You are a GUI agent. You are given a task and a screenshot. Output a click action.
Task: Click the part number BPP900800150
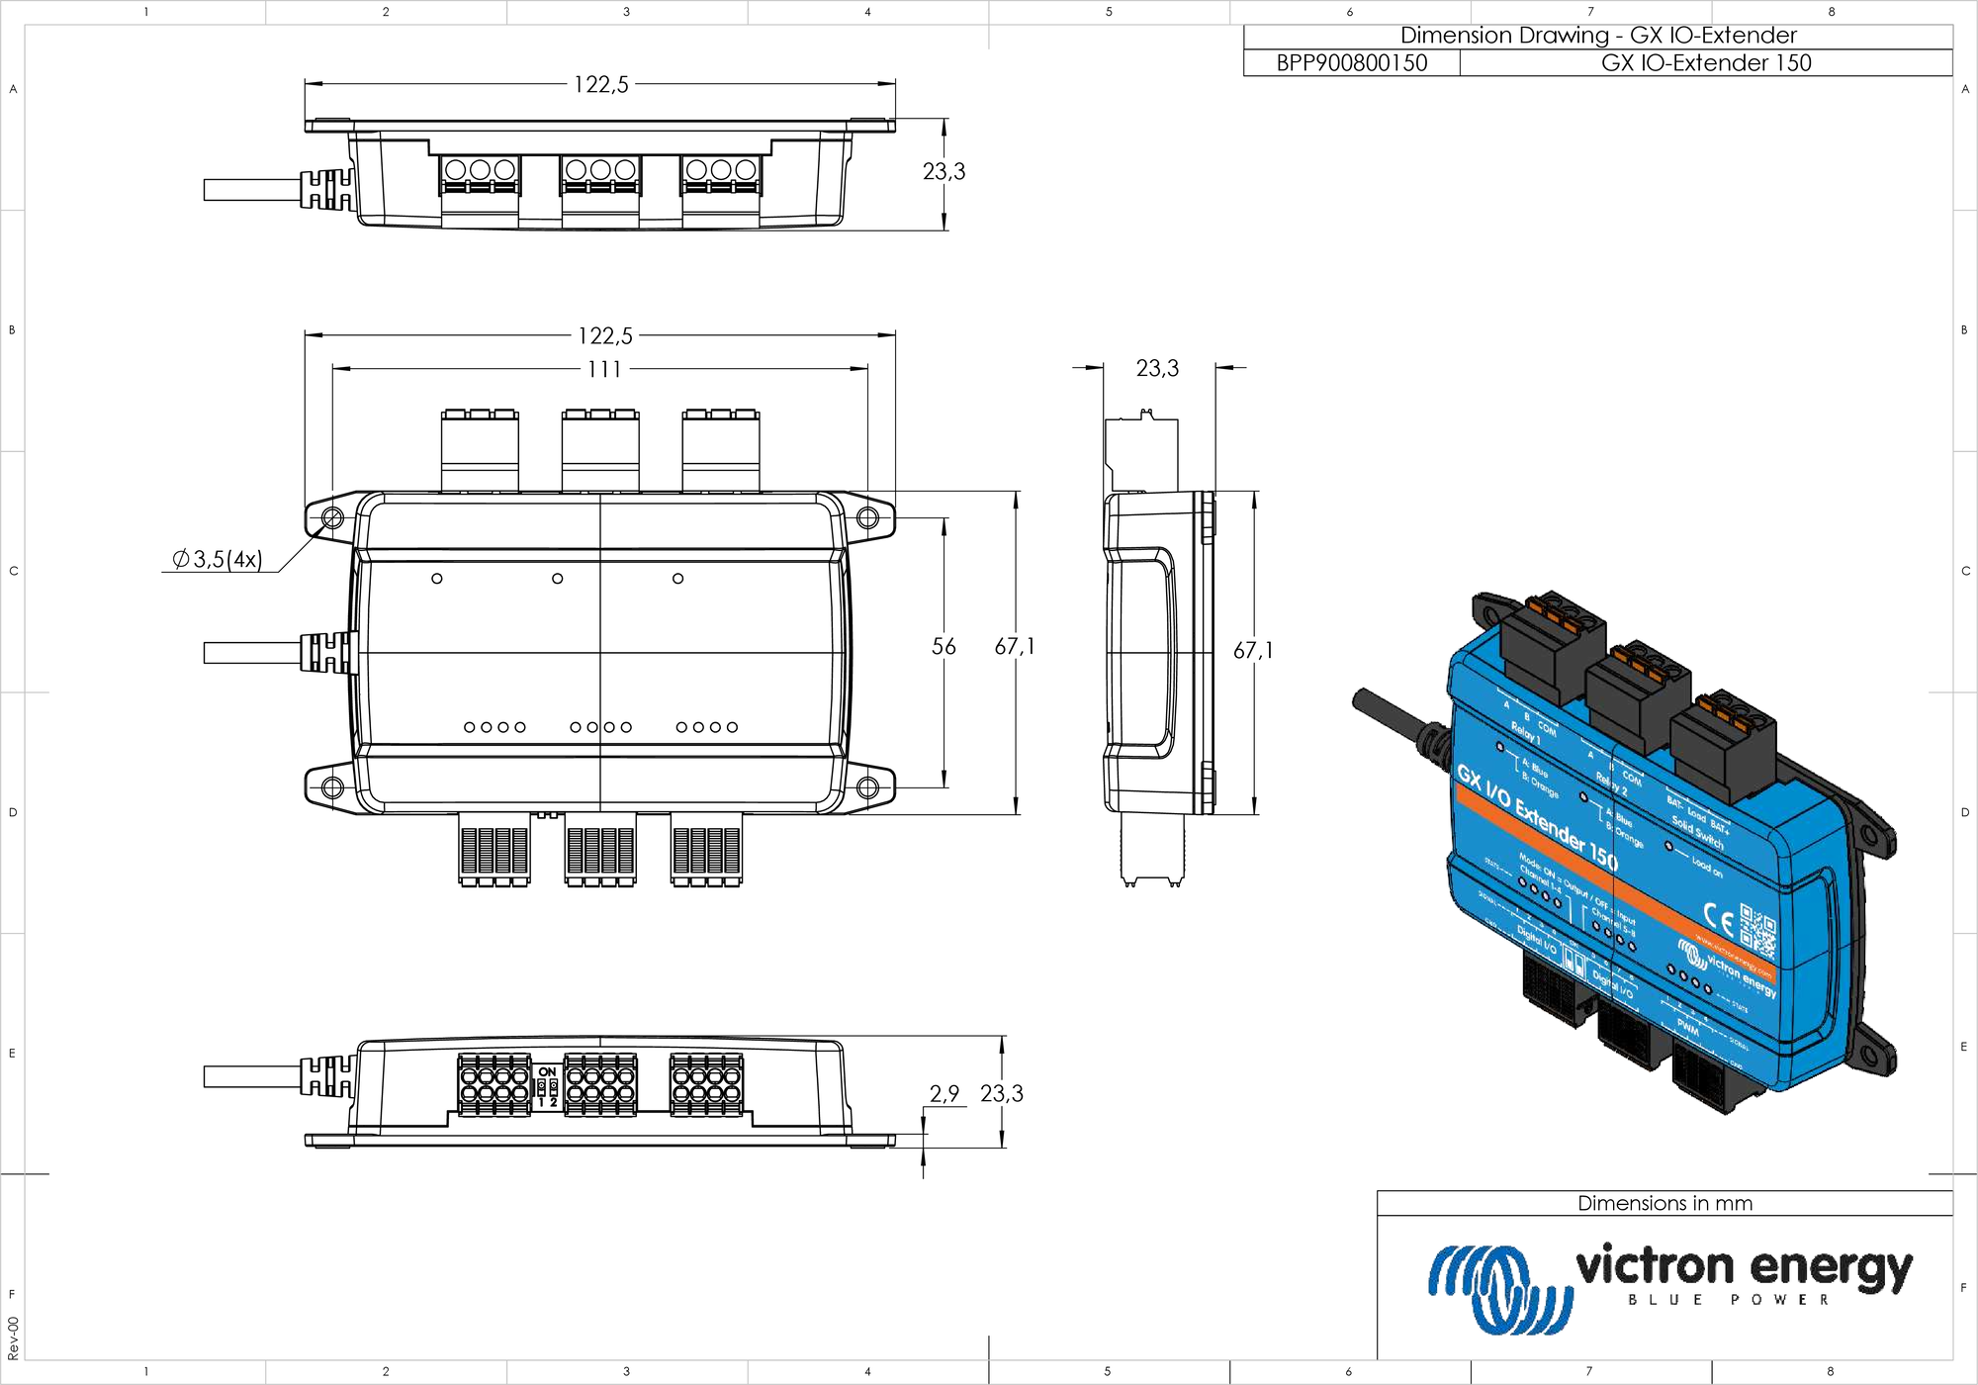click(x=1351, y=63)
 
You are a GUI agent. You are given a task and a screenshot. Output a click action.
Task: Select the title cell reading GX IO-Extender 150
click(x=1706, y=63)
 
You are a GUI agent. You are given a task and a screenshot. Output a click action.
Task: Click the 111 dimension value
click(x=604, y=369)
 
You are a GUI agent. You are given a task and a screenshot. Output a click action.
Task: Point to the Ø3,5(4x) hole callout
click(x=218, y=560)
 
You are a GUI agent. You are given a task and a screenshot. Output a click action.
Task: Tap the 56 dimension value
click(x=944, y=647)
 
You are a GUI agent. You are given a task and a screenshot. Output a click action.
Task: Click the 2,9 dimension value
click(x=944, y=1093)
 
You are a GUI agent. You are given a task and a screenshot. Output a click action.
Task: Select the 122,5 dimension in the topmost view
click(x=600, y=85)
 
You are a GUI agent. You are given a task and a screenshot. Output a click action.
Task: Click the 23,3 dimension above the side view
click(x=1157, y=369)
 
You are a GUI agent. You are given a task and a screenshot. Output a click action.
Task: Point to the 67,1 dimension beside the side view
click(x=1253, y=651)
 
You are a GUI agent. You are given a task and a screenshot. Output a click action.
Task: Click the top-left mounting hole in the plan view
click(x=332, y=518)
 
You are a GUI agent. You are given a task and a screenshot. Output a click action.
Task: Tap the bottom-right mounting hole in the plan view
click(x=867, y=787)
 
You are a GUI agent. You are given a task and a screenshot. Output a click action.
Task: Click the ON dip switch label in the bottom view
click(x=547, y=1072)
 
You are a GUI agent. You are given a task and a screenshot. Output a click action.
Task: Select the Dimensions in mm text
click(x=1664, y=1204)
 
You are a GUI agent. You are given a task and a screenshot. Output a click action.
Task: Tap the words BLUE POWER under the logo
click(x=1729, y=1300)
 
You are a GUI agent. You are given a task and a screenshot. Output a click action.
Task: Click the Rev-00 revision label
click(x=13, y=1338)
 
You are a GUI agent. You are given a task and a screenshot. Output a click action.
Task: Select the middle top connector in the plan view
click(x=600, y=450)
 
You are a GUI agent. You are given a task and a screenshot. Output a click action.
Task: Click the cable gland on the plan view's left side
click(x=326, y=653)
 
